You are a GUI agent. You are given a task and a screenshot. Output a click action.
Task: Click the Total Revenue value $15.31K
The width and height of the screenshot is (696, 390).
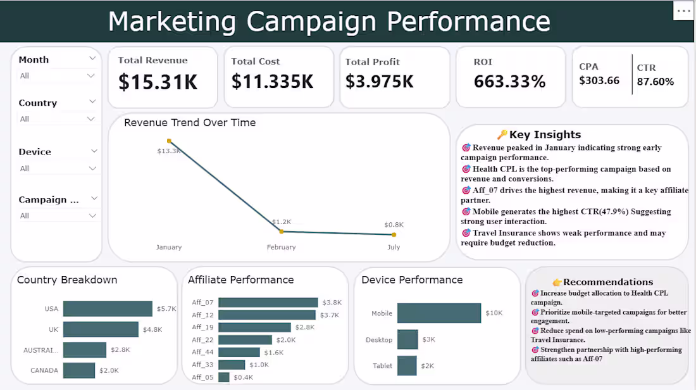coord(158,82)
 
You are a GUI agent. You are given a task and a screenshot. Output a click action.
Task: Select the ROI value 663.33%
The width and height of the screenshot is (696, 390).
coord(509,82)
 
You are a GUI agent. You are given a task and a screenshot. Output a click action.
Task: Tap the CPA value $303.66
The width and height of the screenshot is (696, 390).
coord(599,81)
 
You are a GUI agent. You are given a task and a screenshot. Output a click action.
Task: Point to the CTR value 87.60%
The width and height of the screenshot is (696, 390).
coord(655,82)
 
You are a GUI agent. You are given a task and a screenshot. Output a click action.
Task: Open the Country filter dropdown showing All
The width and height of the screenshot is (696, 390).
coord(57,119)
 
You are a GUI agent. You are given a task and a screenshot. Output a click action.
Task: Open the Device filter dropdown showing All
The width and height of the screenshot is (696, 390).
coord(57,168)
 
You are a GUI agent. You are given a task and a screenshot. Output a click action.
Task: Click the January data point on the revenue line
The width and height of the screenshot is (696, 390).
coord(169,141)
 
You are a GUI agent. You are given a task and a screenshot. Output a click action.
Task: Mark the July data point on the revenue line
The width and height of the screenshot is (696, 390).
coord(394,234)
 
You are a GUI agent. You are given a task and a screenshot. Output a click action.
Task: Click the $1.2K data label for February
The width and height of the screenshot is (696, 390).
coord(281,222)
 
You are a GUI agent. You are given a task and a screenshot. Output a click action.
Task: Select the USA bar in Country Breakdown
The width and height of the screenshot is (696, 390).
coord(108,309)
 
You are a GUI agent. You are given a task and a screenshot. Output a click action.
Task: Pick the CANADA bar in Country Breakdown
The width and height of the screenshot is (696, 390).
coord(79,370)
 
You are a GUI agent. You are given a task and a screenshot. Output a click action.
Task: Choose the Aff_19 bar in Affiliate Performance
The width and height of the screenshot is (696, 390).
coord(254,327)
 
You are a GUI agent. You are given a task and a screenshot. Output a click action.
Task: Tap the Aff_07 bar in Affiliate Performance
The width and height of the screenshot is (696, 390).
coord(268,303)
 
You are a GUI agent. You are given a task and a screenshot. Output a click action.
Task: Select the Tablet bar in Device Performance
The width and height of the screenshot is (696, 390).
coord(407,366)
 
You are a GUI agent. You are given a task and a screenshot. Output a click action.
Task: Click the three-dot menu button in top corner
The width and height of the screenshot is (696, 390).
coord(683,11)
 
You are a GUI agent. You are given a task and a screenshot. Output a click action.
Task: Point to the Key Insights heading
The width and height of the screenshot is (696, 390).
coord(544,134)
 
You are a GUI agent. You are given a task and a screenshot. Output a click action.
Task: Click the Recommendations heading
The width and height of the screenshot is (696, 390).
coord(607,282)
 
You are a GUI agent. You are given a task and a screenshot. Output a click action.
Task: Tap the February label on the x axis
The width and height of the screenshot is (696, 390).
coord(281,248)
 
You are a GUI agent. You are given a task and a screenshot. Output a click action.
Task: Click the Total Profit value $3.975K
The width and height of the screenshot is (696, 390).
coord(380,82)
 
